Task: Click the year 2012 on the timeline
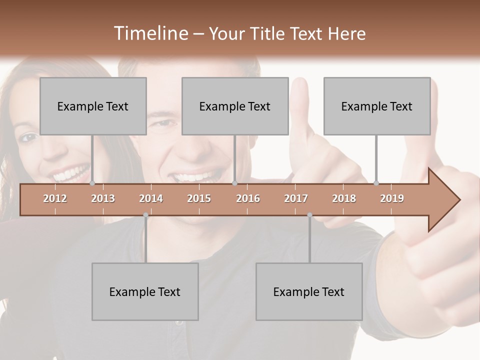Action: [55, 198]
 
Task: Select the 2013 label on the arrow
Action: [103, 198]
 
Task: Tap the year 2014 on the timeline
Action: [151, 198]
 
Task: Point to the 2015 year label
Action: [199, 198]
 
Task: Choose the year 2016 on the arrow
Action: [248, 198]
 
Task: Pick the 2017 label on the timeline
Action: [296, 198]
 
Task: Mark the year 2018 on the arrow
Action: [344, 198]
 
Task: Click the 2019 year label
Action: [392, 198]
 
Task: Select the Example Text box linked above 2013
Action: [93, 106]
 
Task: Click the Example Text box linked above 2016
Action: [235, 106]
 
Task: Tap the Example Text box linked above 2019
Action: [377, 106]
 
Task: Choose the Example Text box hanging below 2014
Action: [145, 291]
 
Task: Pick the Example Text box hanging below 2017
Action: [309, 291]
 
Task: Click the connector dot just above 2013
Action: [92, 183]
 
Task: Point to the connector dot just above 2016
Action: [234, 183]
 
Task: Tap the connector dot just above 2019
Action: [376, 183]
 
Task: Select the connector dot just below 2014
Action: [145, 215]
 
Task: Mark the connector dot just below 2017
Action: [309, 215]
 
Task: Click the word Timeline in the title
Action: [150, 33]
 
